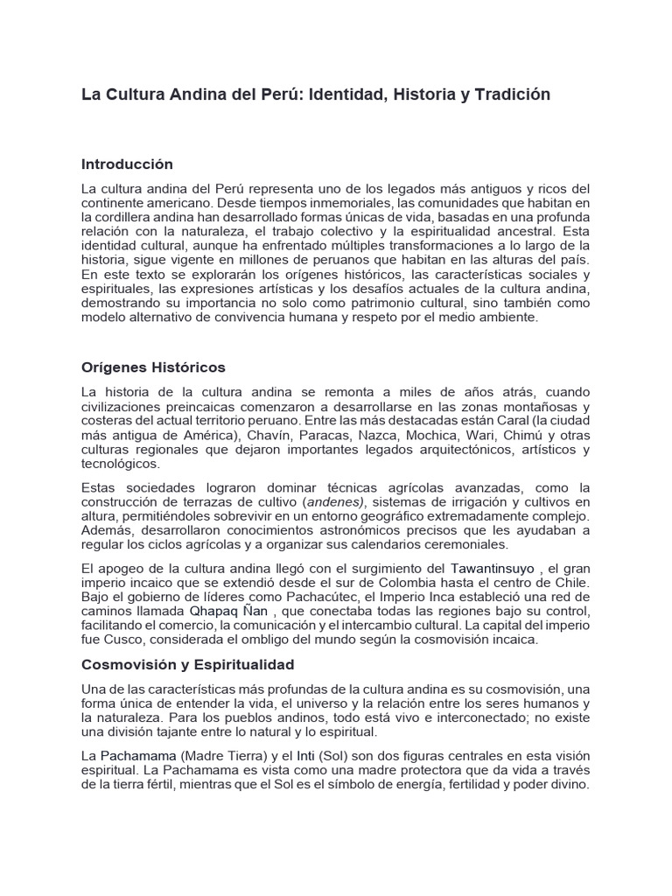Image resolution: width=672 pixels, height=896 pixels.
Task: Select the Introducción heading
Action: coord(127,164)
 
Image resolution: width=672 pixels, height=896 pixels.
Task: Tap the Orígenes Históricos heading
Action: coord(153,367)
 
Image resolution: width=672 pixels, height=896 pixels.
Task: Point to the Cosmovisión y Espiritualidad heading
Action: coord(187,664)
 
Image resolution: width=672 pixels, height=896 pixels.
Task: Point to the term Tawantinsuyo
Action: coord(492,569)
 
